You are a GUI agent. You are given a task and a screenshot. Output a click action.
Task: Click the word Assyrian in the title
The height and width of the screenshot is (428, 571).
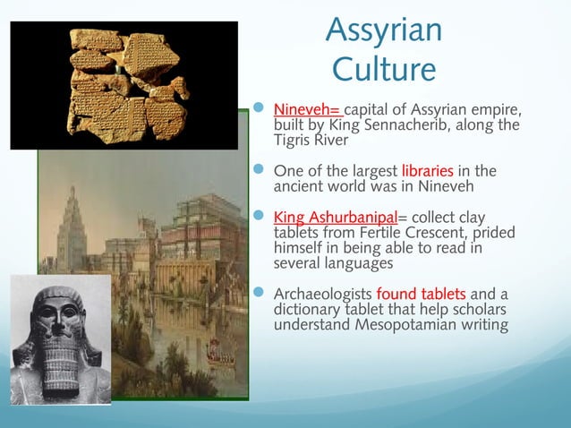point(383,30)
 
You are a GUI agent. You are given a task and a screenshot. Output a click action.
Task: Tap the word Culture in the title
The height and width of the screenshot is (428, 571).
point(383,68)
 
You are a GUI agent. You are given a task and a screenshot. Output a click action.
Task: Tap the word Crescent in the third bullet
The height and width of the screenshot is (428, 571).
point(430,231)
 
